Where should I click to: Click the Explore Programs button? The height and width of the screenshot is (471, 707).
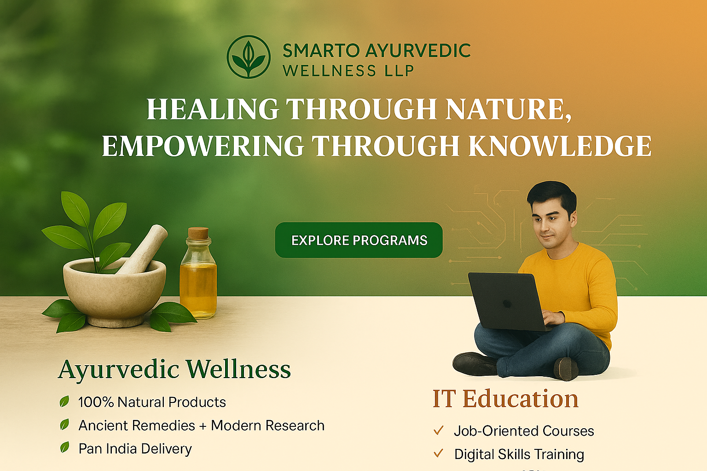[x=359, y=240]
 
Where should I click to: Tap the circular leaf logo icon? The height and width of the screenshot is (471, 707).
[x=249, y=57]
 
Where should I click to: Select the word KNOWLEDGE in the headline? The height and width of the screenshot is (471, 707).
[x=560, y=146]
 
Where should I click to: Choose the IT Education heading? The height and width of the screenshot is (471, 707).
[x=505, y=398]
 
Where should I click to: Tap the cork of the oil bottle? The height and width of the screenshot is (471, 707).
[x=198, y=233]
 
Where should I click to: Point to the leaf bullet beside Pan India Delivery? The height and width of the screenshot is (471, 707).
[x=65, y=448]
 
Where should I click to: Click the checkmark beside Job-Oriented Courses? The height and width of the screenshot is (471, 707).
[x=438, y=431]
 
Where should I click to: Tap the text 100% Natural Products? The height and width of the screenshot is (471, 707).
[x=152, y=402]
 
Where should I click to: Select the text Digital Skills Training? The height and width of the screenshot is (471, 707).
[x=519, y=454]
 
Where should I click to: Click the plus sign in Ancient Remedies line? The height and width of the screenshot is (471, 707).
[x=203, y=426]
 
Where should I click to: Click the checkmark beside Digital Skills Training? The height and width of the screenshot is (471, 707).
[x=438, y=454]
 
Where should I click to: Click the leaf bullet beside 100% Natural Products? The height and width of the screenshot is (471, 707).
[x=64, y=401]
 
